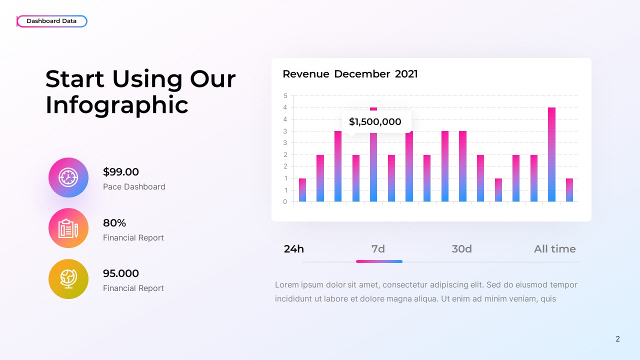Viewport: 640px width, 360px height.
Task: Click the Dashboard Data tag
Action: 51,21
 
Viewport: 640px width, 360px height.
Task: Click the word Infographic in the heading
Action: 116,105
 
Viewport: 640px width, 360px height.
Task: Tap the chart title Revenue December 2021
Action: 350,74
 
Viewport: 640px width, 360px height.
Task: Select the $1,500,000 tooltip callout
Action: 375,121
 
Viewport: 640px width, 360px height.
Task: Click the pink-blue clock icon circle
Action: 68,177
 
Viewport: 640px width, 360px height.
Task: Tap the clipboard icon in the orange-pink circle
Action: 68,228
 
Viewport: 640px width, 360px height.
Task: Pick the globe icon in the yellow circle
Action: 68,279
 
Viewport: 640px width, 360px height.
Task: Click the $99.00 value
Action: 121,172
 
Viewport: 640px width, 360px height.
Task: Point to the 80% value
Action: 114,223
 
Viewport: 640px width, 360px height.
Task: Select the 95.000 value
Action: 121,273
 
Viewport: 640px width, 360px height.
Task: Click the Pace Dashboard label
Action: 134,186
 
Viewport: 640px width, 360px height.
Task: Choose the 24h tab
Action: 294,249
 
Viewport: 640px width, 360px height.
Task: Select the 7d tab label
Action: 378,249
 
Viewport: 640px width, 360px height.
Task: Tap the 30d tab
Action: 461,249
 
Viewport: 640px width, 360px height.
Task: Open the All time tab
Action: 554,249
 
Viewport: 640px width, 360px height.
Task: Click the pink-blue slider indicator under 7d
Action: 379,261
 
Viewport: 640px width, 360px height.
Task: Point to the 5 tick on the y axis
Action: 285,95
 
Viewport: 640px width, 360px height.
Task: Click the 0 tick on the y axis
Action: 285,202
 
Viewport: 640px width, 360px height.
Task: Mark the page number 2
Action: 617,339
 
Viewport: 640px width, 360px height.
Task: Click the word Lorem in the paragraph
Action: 286,285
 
